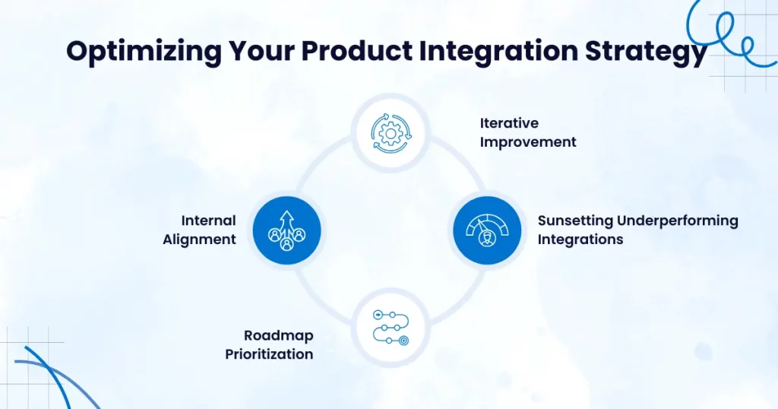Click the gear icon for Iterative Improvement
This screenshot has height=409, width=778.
click(391, 132)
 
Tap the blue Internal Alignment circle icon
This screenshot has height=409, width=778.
click(286, 230)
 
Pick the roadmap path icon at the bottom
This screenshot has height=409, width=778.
click(391, 327)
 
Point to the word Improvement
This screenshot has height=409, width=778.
click(528, 142)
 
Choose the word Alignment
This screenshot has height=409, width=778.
click(199, 239)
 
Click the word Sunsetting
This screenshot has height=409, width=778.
click(575, 220)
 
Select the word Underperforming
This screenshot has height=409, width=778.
click(677, 220)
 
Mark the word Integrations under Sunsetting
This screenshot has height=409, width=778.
click(580, 239)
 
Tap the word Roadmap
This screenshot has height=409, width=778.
click(278, 335)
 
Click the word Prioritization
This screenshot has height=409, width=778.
click(269, 354)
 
